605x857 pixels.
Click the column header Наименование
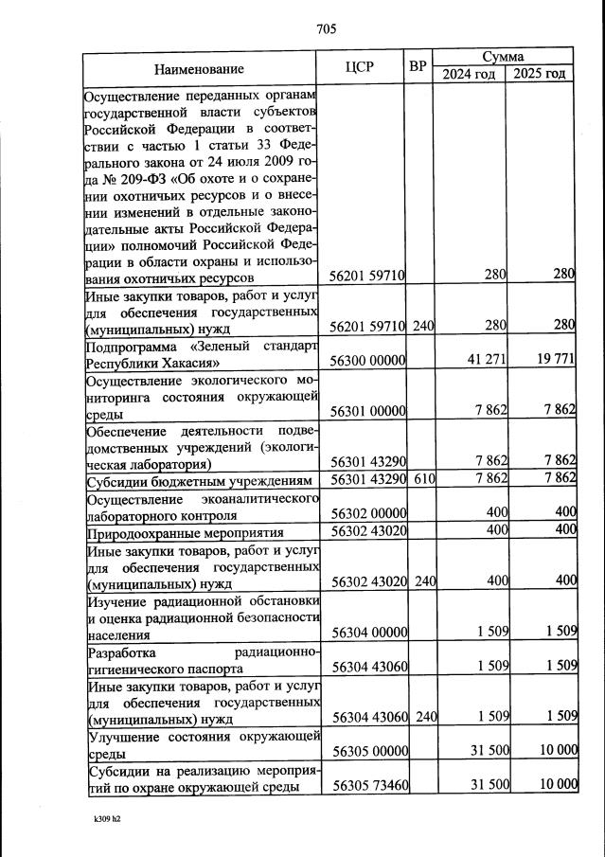coord(199,68)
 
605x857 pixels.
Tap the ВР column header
coord(418,67)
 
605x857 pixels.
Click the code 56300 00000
coord(367,361)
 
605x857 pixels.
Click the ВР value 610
coord(423,479)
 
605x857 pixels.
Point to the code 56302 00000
coord(367,512)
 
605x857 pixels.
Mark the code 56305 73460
coord(367,786)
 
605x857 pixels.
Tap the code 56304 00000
coord(367,632)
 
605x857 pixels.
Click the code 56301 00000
coord(367,412)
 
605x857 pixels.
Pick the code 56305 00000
coord(367,751)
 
